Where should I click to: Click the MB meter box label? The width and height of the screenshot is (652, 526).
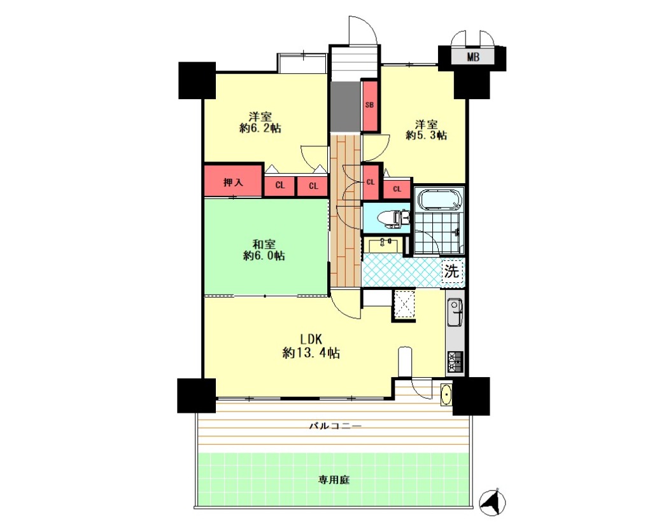point(473,57)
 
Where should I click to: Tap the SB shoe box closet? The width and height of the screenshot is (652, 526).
point(370,105)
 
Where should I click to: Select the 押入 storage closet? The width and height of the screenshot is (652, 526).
point(233,181)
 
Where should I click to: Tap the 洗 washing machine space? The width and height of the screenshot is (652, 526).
point(452,272)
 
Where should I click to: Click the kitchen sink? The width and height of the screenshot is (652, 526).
point(455,312)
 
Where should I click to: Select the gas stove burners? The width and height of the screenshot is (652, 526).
point(455,362)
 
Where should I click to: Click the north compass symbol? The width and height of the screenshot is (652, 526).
point(493,502)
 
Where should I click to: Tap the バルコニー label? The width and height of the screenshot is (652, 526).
point(335,426)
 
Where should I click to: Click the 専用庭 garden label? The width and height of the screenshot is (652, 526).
point(334,480)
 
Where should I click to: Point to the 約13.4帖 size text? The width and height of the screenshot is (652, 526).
point(311,353)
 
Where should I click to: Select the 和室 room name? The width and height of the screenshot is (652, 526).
point(264,244)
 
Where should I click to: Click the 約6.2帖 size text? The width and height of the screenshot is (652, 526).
point(260,128)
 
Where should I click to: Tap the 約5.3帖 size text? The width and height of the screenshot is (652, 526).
point(426,135)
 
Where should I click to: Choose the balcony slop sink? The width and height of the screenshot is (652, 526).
point(446,394)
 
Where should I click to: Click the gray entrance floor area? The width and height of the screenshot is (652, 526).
point(346,106)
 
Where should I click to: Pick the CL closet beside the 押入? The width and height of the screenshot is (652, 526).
point(280,186)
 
